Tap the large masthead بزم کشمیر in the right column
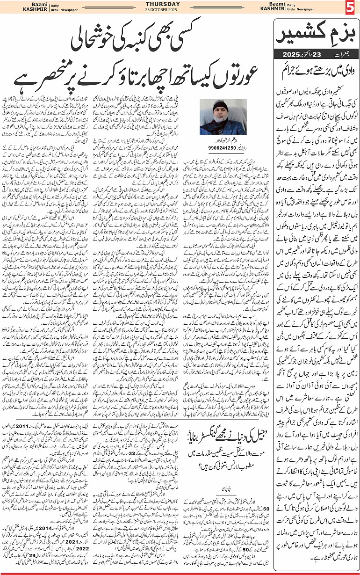[x=318, y=34]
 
